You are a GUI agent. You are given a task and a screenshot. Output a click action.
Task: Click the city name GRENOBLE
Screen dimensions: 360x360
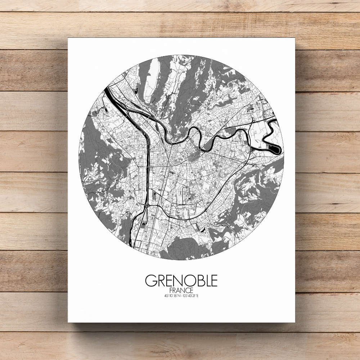coord(181,281)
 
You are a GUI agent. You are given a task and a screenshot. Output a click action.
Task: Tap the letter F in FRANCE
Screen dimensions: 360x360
coord(170,290)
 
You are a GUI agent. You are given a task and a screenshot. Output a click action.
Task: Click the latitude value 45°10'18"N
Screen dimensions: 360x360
coord(171,296)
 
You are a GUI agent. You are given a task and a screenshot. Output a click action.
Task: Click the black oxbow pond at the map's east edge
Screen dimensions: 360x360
coord(275,148)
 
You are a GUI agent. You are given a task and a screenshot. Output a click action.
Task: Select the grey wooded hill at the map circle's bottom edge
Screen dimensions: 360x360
coord(184,248)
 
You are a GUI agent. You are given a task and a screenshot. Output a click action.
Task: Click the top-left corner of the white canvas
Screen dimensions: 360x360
coord(68,38)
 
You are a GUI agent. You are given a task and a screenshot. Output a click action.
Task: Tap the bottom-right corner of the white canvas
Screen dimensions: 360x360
coord(294,322)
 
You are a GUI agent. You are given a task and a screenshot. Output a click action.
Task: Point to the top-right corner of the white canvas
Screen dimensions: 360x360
coord(294,38)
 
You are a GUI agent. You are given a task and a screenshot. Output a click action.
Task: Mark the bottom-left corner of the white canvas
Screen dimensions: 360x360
coord(68,322)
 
